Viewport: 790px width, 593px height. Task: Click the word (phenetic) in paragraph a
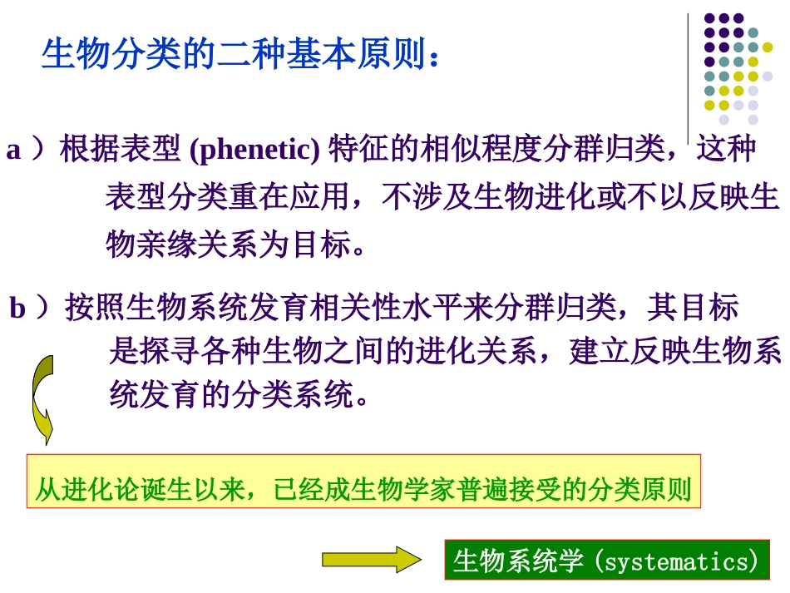pos(254,150)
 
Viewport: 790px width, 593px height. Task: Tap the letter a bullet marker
pos(13,151)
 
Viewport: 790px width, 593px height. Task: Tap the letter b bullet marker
pos(17,309)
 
